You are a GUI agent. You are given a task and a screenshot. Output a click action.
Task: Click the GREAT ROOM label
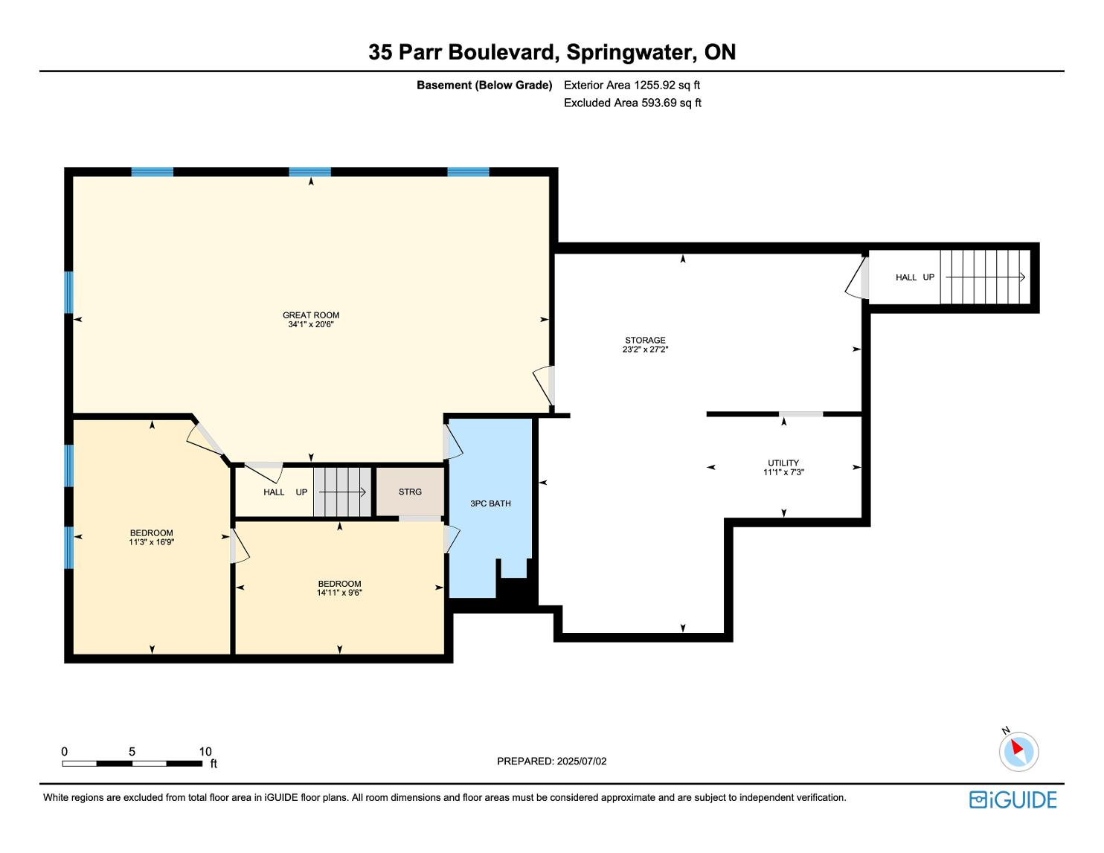(310, 315)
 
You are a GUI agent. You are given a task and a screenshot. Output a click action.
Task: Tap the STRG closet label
(410, 492)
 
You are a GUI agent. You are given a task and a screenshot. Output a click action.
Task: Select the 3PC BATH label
(490, 503)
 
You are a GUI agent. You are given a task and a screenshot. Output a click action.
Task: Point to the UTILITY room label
(783, 463)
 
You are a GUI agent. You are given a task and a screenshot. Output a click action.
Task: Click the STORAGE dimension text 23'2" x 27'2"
(645, 350)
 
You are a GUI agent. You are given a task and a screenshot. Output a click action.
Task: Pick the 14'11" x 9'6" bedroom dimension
(339, 593)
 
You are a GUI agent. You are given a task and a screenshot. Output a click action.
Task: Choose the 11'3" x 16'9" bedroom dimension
(152, 542)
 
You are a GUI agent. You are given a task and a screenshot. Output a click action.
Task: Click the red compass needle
(1017, 747)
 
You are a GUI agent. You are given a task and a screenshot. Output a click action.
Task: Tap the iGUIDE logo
(1013, 799)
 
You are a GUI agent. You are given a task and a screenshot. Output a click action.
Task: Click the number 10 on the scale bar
(205, 751)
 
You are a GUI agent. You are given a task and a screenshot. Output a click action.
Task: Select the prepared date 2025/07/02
(582, 761)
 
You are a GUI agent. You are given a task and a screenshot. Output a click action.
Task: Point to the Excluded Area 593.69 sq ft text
(632, 103)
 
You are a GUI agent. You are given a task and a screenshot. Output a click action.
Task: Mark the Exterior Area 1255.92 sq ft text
(632, 86)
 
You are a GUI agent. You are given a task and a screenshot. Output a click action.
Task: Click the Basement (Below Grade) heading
(484, 86)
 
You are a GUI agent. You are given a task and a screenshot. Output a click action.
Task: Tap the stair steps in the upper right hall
(985, 277)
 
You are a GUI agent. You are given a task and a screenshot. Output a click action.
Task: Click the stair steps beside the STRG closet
(342, 492)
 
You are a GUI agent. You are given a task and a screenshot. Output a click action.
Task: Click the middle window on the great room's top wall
(310, 172)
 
